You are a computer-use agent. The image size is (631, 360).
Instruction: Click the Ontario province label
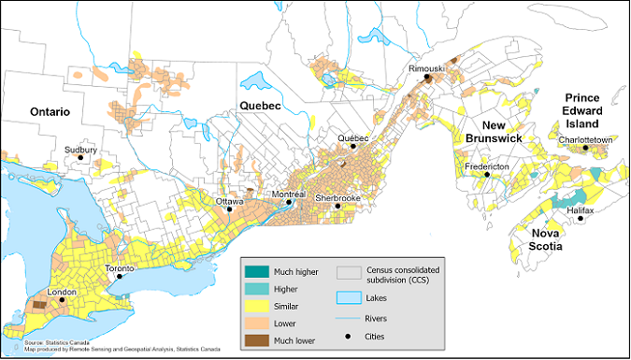coord(37,111)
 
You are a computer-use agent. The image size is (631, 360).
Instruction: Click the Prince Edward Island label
coord(588,110)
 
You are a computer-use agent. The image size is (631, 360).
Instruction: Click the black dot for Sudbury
coord(80,158)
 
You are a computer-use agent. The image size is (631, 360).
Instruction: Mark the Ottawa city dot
coord(230,209)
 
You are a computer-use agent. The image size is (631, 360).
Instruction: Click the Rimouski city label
coord(427,70)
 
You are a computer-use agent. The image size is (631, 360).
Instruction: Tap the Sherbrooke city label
coord(337,198)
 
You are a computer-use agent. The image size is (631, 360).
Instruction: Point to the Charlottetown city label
coord(584,139)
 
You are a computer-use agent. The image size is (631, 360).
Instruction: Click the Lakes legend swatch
coord(349,298)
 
